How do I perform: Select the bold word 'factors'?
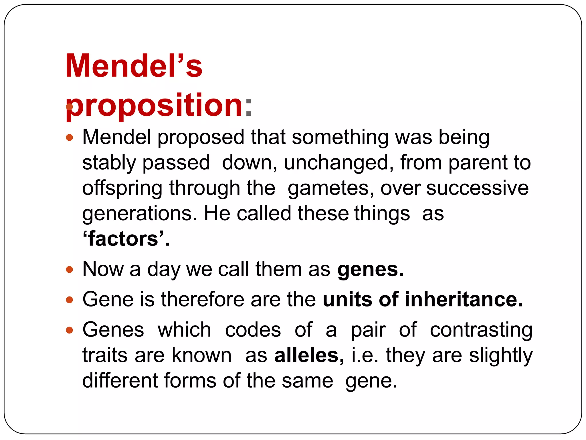tap(126, 239)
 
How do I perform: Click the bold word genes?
tap(370, 270)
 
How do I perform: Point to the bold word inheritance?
tap(464, 300)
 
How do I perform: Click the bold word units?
tap(347, 300)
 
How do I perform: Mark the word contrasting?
tap(481, 330)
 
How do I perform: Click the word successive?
tap(477, 188)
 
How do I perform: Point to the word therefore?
tap(203, 300)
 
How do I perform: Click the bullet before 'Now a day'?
tap(70, 270)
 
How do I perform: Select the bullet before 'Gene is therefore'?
tap(70, 300)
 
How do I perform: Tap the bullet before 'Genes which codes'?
tap(70, 330)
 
